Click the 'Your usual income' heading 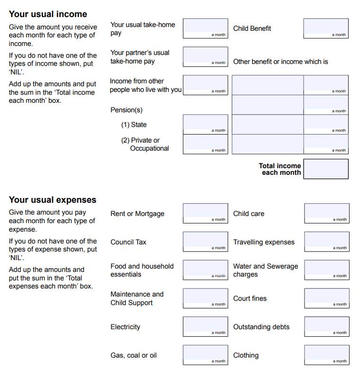48,14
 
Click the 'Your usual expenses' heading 53,200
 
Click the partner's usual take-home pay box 205,56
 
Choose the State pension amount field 205,124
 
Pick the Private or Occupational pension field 205,144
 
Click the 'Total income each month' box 325,169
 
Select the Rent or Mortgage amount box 205,213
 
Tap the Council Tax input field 205,242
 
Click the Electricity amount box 205,326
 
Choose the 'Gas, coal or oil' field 205,355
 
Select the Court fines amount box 326,298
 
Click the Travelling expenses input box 326,242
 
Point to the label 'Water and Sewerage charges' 265,270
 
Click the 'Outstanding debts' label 261,327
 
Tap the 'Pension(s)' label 126,110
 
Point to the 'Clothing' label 246,355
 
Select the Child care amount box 326,213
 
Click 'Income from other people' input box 205,85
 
